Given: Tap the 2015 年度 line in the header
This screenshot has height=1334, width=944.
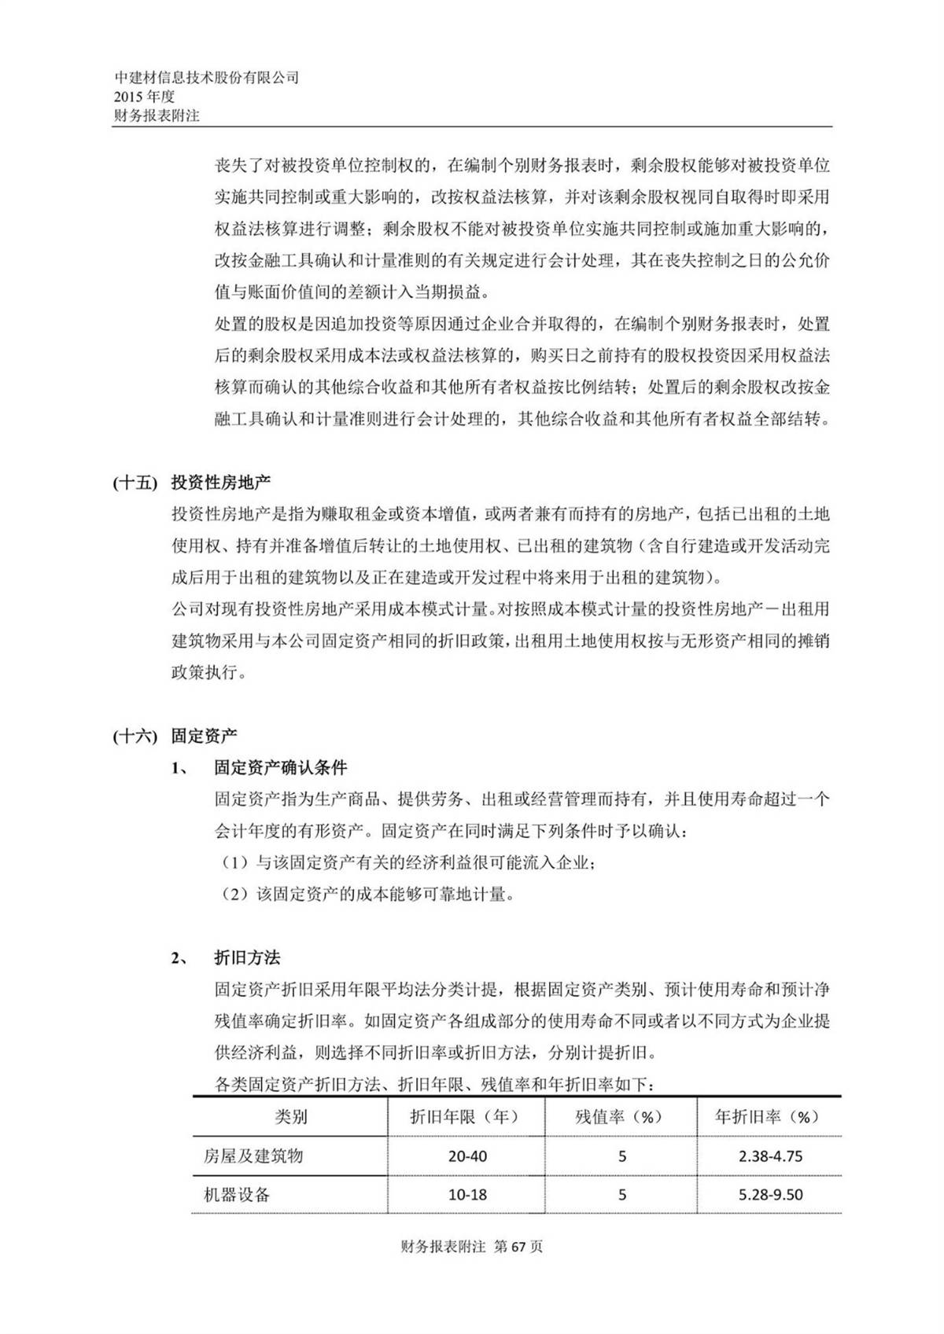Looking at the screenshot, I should (x=144, y=97).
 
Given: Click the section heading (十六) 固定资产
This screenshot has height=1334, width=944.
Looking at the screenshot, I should (x=175, y=737).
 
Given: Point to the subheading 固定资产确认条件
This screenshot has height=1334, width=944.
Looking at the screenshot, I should (x=280, y=768).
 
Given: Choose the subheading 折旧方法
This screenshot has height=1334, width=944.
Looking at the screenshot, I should (x=247, y=958).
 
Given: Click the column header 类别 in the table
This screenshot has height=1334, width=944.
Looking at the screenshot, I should (x=290, y=1117).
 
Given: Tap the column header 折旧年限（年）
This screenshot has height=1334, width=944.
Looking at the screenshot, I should (x=465, y=1117).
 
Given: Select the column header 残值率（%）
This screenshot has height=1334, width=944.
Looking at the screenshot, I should (x=619, y=1117).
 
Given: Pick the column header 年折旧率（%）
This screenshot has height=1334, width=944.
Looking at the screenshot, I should (x=768, y=1117).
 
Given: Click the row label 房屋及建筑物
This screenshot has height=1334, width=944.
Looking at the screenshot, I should (x=253, y=1156).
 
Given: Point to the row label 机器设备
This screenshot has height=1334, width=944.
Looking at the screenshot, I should (x=236, y=1195).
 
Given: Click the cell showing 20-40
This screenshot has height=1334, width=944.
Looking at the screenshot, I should (x=467, y=1156).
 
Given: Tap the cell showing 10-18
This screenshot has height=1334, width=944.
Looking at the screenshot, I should (x=467, y=1195).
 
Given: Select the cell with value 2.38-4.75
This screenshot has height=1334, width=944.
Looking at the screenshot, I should (x=770, y=1156).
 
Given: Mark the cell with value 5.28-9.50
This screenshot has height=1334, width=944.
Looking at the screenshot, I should (x=770, y=1195).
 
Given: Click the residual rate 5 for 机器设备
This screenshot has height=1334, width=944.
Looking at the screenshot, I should (x=622, y=1195).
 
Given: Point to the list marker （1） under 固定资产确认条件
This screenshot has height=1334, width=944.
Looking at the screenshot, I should (x=234, y=863).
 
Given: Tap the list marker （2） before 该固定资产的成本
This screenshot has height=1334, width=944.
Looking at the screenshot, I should (x=234, y=895).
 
